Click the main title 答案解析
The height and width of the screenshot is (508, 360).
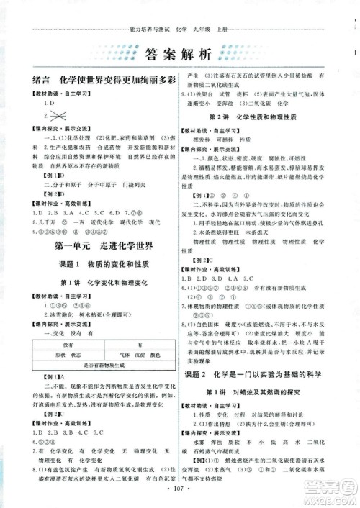coord(179,54)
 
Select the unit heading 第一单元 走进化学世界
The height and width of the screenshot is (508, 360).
coord(102,246)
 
